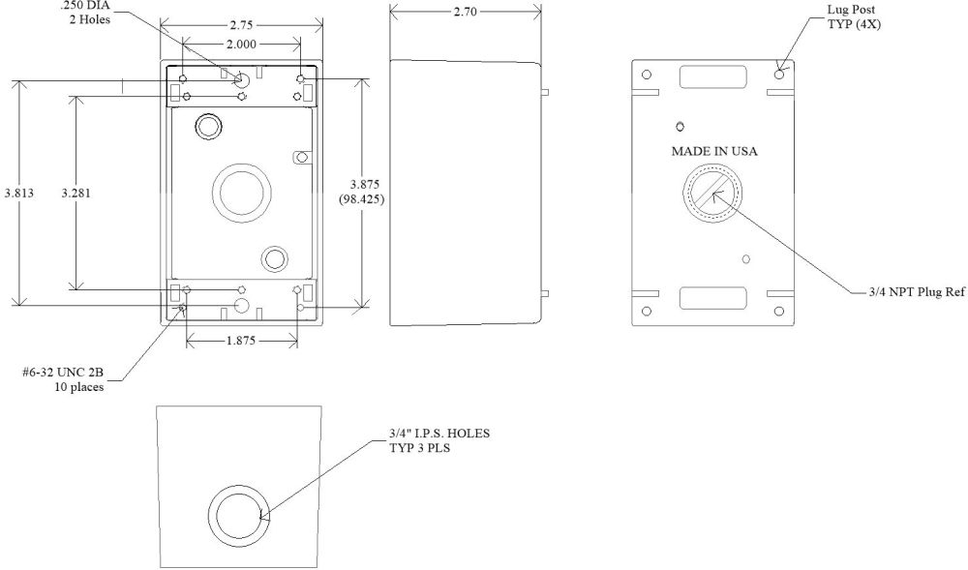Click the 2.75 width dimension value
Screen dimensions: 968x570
(241, 25)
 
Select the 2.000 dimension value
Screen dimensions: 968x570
(241, 44)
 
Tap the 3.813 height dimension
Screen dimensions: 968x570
(19, 194)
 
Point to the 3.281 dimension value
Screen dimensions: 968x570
(76, 194)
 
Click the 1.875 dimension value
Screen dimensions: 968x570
(241, 341)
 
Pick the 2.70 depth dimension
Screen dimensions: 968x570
(465, 11)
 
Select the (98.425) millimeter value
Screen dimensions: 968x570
(362, 199)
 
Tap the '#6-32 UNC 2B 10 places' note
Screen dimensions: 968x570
(63, 379)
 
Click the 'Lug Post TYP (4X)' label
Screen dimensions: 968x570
(854, 16)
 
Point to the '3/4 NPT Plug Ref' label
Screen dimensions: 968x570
(917, 292)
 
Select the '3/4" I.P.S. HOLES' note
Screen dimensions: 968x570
(439, 434)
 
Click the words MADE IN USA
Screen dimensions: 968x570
(714, 151)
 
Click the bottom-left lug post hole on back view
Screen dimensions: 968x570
(647, 311)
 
